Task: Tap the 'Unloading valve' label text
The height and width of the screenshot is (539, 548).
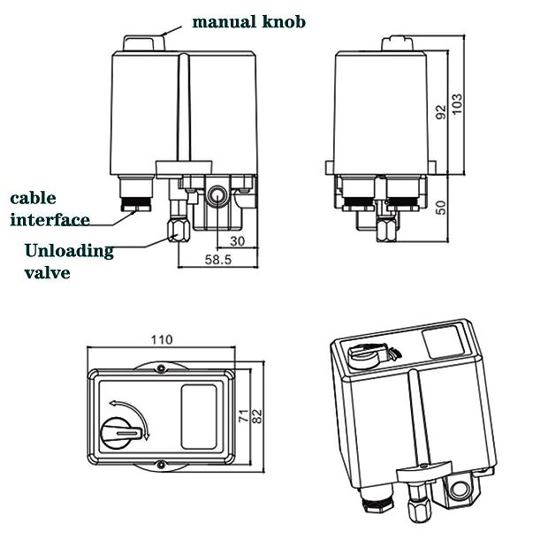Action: [68, 261]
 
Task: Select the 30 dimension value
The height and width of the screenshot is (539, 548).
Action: [236, 240]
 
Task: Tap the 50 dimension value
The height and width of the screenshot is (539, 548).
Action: [440, 206]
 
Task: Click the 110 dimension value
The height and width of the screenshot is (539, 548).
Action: [161, 339]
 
